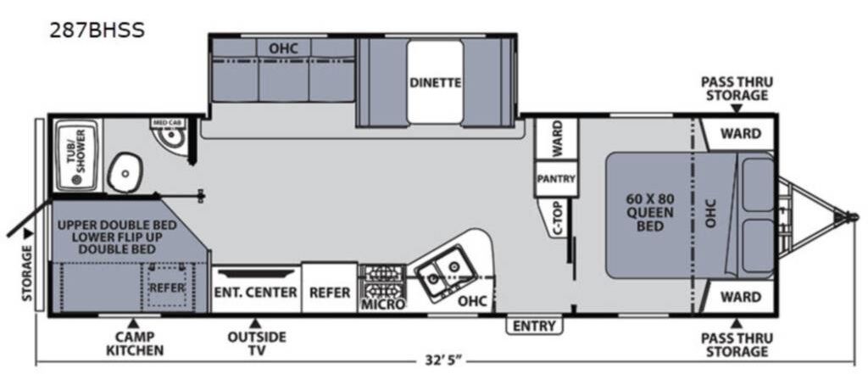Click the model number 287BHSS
point(97,31)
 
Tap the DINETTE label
point(435,83)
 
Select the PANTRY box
point(556,178)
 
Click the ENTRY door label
point(534,326)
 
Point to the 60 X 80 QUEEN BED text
point(650,212)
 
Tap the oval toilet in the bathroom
point(125,172)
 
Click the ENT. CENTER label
point(256,292)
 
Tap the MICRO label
point(383,304)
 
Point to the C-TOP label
point(558,218)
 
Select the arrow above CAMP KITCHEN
point(132,323)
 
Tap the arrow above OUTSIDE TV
point(254,323)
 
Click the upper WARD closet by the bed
point(739,133)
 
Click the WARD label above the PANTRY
point(556,138)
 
